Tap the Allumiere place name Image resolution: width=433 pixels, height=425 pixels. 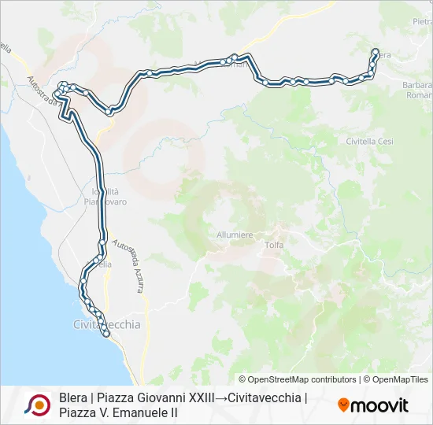(x=234, y=235)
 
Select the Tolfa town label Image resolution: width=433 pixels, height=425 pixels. (x=273, y=244)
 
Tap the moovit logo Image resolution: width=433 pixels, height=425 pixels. (x=373, y=405)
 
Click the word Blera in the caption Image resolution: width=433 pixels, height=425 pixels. (x=73, y=398)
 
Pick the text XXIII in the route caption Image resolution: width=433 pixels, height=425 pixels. (x=199, y=398)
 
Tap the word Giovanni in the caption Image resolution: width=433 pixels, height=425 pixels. (x=159, y=398)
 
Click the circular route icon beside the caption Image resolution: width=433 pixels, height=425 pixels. (x=36, y=405)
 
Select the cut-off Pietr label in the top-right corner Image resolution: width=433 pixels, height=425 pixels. (x=421, y=22)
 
